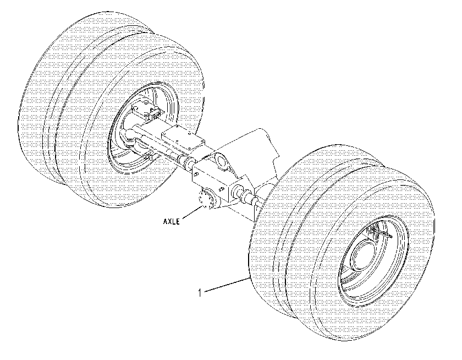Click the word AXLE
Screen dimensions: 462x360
(171, 221)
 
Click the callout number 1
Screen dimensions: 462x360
(200, 293)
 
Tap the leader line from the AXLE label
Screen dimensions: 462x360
(192, 213)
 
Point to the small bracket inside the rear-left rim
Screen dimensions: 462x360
(146, 110)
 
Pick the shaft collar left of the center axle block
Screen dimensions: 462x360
(189, 161)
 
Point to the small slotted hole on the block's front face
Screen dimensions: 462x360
(221, 189)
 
